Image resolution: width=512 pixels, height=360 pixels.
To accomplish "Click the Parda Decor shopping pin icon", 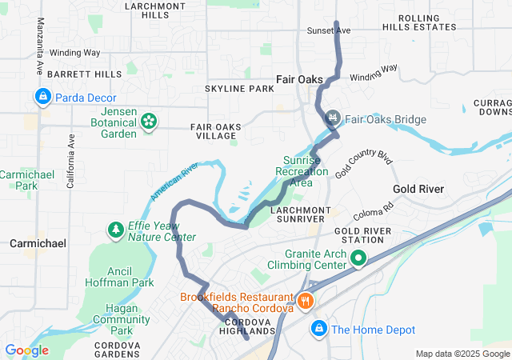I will [x=42, y=98].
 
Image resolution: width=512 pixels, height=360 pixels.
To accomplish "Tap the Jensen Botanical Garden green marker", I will [x=149, y=121].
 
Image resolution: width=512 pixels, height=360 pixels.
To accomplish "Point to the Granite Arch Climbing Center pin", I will [x=358, y=258].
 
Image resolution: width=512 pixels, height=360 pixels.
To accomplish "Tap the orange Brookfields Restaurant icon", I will [x=306, y=302].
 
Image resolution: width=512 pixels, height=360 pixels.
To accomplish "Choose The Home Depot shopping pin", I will [x=319, y=329].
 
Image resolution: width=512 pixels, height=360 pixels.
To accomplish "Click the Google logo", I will [x=26, y=350].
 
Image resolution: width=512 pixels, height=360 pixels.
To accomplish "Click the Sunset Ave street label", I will [x=329, y=30].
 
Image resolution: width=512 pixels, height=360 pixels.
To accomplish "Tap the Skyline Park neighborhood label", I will [x=239, y=88].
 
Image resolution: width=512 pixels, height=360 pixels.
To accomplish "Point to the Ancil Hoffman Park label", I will [x=120, y=276].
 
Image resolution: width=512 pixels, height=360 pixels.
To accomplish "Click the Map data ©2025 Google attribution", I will [x=462, y=354].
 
